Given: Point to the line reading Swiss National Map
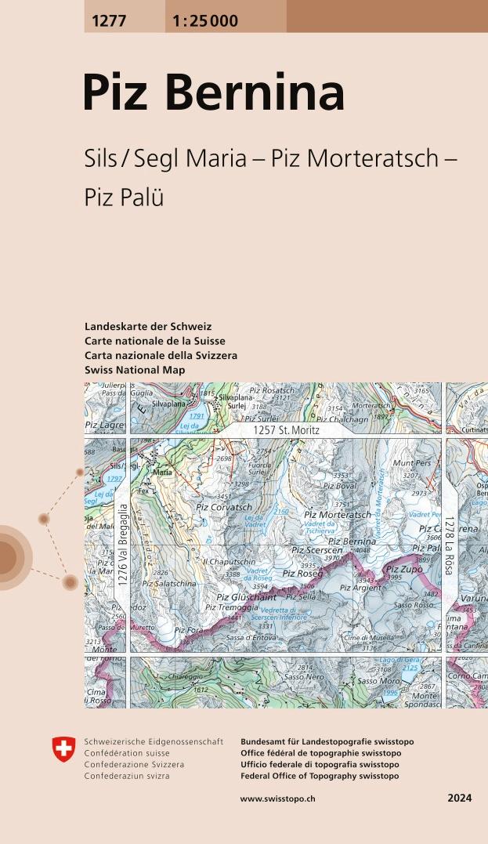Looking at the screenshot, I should tap(135, 370).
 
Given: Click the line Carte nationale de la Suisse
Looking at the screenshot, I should tap(154, 341).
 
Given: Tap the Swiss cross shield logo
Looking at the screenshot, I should tap(63, 750).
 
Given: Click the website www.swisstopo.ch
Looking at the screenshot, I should tap(277, 799).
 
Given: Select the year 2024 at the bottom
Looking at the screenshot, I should tap(460, 799).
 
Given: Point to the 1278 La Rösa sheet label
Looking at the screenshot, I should tap(449, 546).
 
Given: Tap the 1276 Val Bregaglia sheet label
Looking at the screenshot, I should tap(123, 546).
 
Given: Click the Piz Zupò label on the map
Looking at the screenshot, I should tap(404, 570).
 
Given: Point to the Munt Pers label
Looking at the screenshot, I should tap(411, 464).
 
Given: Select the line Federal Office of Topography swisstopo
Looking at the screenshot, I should tap(320, 776).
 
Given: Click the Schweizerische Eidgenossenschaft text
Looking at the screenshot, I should tap(154, 741).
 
